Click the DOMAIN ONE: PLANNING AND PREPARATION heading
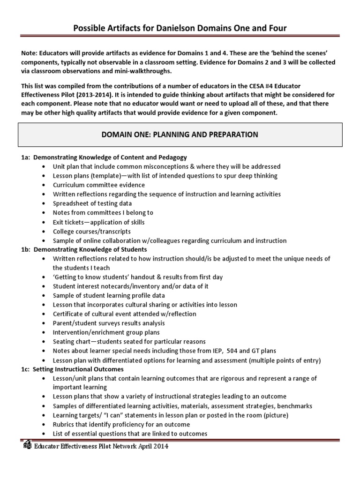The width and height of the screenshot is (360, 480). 180,135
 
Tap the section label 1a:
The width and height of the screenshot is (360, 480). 26,157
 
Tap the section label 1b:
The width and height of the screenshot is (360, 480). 26,249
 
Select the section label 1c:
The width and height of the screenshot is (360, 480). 26,369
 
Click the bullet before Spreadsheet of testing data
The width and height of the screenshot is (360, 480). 44,203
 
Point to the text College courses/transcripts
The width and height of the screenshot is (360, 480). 92,231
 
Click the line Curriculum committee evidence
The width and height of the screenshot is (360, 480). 99,185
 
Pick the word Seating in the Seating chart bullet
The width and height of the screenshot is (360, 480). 64,342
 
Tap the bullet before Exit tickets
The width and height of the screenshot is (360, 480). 44,222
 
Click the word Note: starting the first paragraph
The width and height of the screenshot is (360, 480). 30,53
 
